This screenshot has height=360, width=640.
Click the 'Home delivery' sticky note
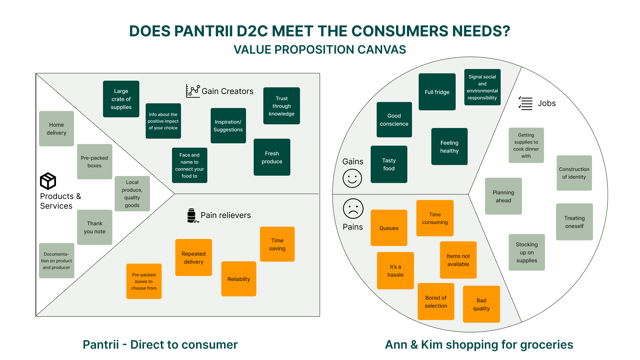56,129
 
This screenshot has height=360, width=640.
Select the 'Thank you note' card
95,227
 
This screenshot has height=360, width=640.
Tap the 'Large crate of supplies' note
121,99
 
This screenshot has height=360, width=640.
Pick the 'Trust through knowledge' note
282,106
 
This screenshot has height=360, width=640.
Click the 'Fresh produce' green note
272,157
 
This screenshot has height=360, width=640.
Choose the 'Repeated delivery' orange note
194,258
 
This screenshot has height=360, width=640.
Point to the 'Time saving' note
277,244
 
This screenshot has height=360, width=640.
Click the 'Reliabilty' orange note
239,279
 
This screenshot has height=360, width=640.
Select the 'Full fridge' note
437,92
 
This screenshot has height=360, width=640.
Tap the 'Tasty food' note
389,164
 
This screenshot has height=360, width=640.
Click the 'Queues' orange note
389,228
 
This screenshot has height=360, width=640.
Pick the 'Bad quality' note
481,304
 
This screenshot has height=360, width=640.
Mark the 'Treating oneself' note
574,222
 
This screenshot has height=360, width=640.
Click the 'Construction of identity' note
574,173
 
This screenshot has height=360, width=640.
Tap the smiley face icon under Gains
352,178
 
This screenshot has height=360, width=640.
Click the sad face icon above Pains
353,209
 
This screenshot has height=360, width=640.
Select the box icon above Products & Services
48,181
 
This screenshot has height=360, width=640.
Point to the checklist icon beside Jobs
526,103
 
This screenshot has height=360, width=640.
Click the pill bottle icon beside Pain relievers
192,215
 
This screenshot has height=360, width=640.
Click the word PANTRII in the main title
204,31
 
